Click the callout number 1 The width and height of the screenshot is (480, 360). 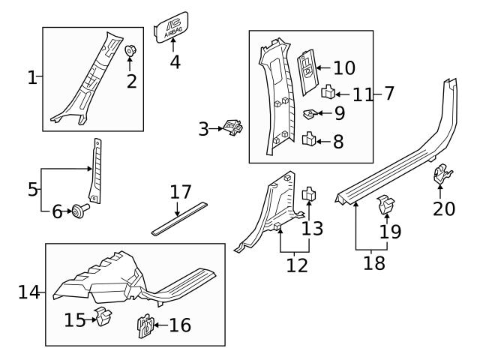pos(31,77)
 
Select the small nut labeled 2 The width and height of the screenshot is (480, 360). pos(130,52)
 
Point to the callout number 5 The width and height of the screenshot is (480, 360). pos(32,189)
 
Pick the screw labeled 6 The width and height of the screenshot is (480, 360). pos(77,211)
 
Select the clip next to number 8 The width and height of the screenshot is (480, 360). pos(307,139)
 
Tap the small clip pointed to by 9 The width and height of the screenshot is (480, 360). pos(308,115)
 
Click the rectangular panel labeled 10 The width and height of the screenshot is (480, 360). pos(308,73)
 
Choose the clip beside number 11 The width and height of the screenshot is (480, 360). pos(328,93)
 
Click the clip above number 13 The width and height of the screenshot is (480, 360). pos(308,195)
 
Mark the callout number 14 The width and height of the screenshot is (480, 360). pos(28,291)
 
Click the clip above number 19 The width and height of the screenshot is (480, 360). pos(386,204)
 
